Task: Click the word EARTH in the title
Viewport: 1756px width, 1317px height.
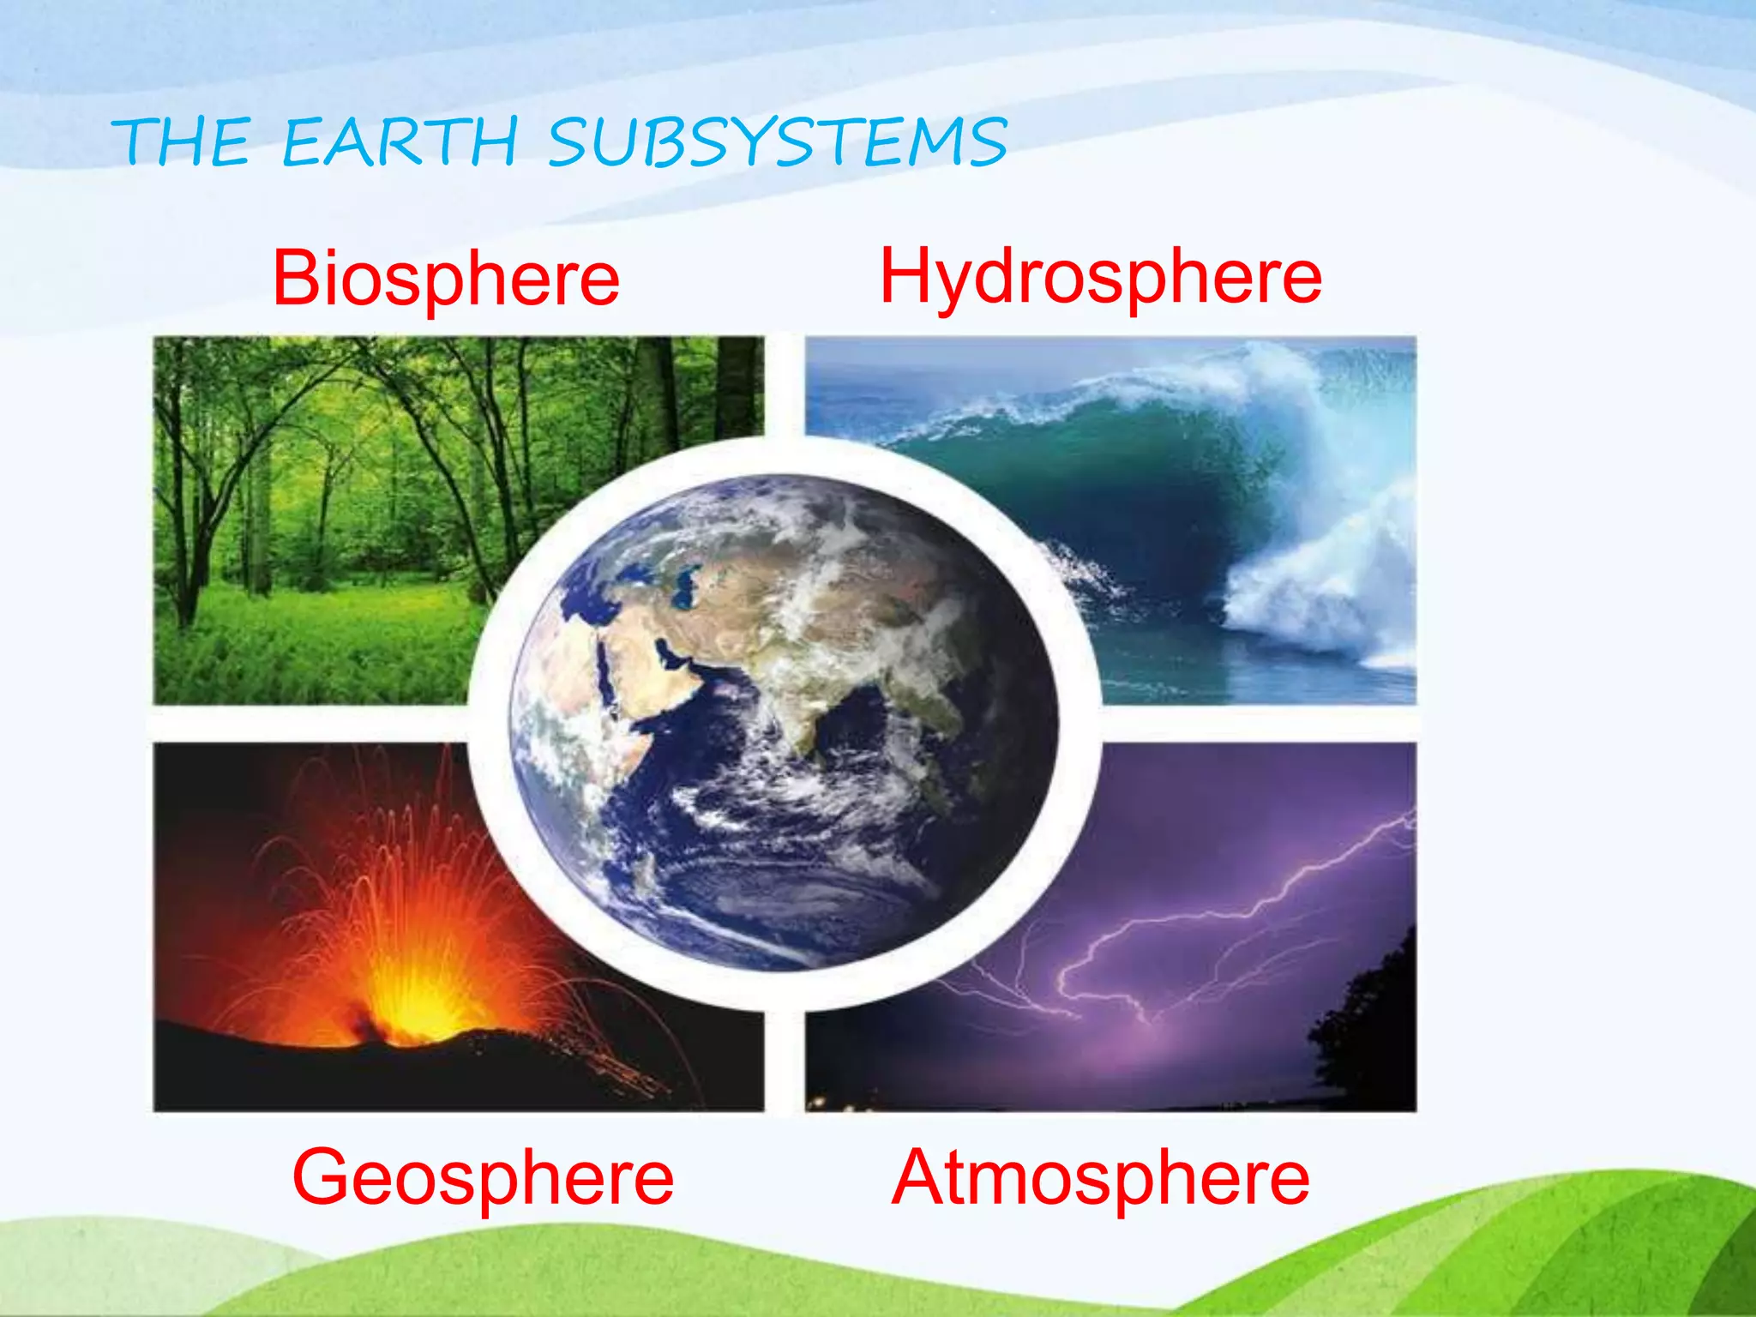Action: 400,141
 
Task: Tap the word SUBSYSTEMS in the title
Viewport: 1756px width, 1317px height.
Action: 778,141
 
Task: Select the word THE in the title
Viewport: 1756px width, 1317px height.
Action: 182,141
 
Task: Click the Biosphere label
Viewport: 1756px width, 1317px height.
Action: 446,278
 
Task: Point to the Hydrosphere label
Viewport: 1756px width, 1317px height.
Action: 1101,276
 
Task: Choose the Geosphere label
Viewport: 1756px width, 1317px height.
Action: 483,1177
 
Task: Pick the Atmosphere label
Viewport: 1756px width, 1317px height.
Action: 1100,1177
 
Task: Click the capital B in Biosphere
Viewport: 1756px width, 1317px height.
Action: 298,278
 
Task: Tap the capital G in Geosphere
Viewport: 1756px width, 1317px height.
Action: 323,1177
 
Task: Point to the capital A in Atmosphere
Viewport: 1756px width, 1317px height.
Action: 923,1177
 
